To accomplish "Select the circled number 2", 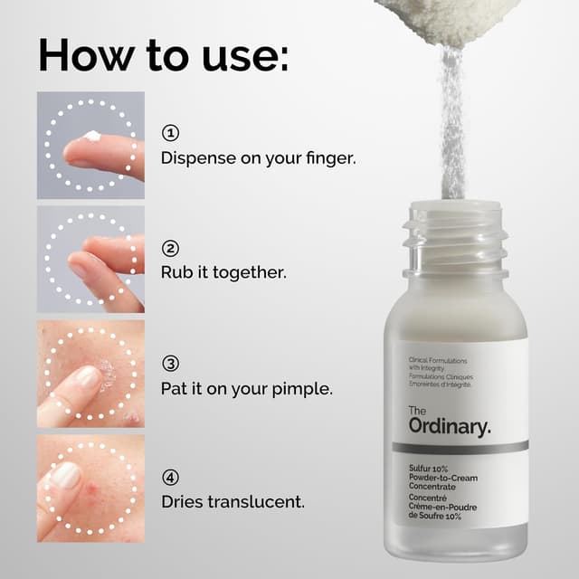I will pos(170,248).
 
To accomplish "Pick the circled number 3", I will pos(170,363).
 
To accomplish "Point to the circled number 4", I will pos(170,477).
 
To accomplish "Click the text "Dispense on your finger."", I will pos(258,157).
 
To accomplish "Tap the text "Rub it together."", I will pos(223,271).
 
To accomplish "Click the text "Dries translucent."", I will pos(233,500).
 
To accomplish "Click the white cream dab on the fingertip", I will pos(90,137).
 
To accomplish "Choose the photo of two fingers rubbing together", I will pos(90,259).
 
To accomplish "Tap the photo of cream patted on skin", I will pos(90,374).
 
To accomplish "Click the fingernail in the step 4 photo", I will pos(66,475).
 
